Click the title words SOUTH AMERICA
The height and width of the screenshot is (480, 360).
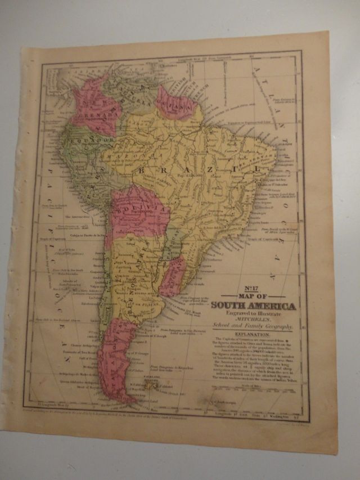click(253, 306)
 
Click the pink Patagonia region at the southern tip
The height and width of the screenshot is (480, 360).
click(115, 355)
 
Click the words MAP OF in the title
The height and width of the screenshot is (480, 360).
click(252, 296)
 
